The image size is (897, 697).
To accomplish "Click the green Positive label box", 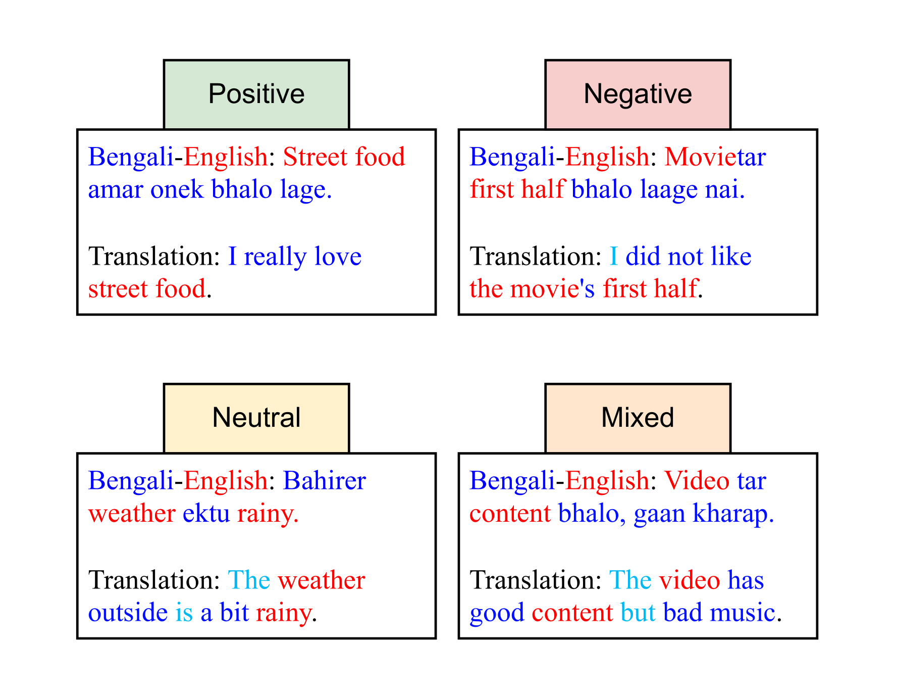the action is (256, 94).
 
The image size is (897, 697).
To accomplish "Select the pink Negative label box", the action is (638, 94).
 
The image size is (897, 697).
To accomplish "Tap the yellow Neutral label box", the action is (256, 418).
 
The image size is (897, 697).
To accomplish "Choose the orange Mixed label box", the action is (638, 418).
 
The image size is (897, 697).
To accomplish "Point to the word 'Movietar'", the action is (715, 157).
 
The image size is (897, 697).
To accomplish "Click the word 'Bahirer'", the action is (324, 481).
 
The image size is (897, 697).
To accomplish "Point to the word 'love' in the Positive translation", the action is (338, 257).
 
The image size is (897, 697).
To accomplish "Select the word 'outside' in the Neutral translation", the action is (128, 613).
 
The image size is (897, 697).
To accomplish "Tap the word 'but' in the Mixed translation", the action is (638, 613).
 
